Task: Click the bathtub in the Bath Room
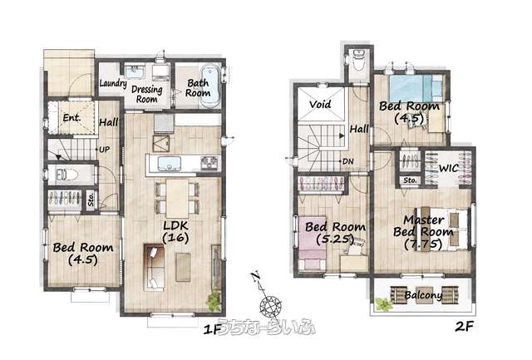(x=210, y=86)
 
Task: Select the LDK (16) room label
(x=175, y=232)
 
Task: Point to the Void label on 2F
(x=320, y=104)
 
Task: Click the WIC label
(x=449, y=168)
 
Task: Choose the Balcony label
(x=423, y=295)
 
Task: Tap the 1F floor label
(x=213, y=328)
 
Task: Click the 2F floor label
(x=464, y=327)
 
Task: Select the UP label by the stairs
(x=105, y=150)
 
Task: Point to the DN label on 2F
(x=348, y=161)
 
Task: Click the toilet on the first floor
(x=66, y=175)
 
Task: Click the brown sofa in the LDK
(x=155, y=267)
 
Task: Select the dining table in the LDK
(x=177, y=198)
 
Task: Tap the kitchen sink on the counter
(x=169, y=164)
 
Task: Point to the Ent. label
(x=72, y=118)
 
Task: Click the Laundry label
(x=113, y=83)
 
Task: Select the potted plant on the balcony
(x=384, y=304)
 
